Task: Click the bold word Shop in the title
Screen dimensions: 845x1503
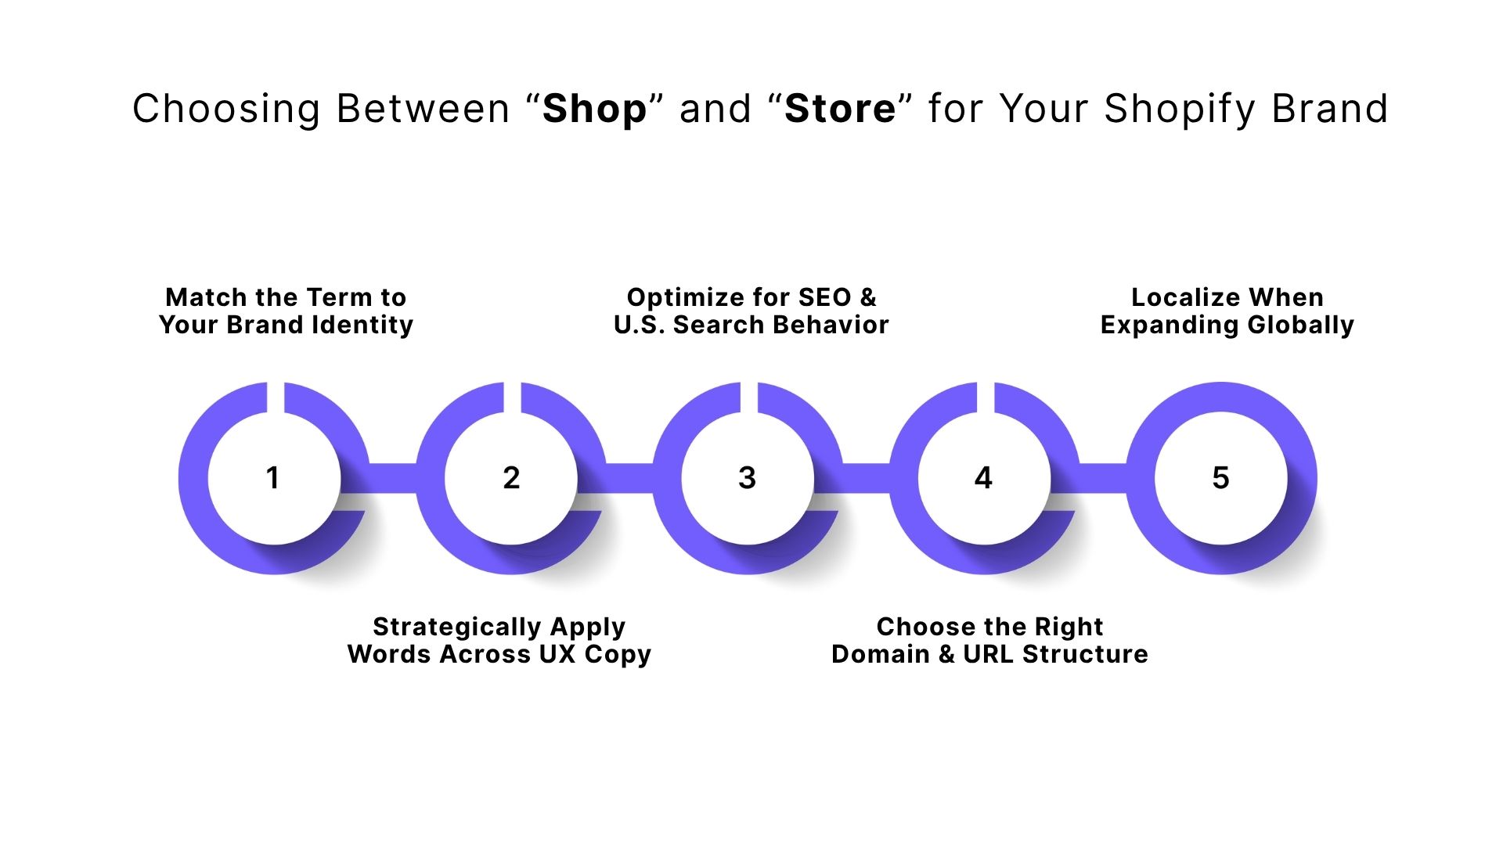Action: pos(594,109)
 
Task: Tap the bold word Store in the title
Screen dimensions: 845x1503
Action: pos(840,109)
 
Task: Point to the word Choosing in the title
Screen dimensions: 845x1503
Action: pos(226,109)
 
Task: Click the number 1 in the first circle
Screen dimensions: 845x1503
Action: pos(272,478)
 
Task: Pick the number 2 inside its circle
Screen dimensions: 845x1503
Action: pos(511,478)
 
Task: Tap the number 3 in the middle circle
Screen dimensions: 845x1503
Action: pos(748,478)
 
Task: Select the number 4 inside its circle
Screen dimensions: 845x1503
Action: pos(984,478)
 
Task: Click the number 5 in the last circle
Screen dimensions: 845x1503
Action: pos(1221,478)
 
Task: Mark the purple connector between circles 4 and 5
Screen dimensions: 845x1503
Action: pos(1102,478)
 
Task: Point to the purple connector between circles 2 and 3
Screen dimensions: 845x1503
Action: pos(629,478)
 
